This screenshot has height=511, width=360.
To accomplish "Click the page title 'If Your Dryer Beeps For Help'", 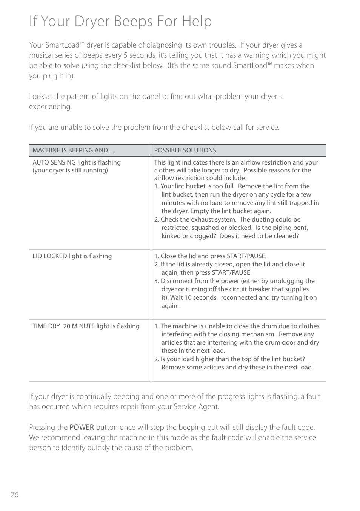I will click(x=120, y=21).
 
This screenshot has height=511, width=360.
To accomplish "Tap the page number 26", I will click(x=14, y=495).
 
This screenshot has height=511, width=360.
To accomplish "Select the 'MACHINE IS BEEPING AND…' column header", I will click(x=73, y=150).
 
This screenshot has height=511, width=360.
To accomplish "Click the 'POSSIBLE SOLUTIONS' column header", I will click(x=185, y=150).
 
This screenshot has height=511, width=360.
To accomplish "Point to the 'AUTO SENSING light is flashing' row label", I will click(x=77, y=162).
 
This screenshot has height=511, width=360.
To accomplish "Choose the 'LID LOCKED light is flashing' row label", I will click(x=72, y=256).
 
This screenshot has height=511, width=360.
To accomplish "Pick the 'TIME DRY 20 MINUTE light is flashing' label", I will click(x=86, y=326).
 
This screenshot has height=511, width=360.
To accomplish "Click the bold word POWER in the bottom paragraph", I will click(x=82, y=427).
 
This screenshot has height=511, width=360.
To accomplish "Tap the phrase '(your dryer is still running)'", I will click(x=70, y=170).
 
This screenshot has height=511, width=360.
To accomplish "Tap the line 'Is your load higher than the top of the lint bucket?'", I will click(x=232, y=359).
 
